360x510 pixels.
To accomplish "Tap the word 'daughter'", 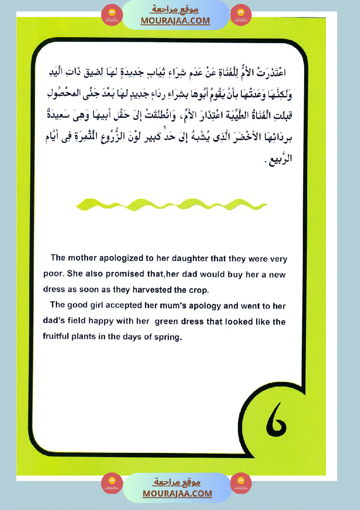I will pyautogui.click(x=183, y=258).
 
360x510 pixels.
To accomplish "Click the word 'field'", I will pyautogui.click(x=74, y=322).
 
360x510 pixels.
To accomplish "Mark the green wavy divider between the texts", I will pyautogui.click(x=171, y=203).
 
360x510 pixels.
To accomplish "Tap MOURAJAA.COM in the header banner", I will pyautogui.click(x=175, y=21).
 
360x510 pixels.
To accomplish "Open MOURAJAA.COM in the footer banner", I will pyautogui.click(x=177, y=493).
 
